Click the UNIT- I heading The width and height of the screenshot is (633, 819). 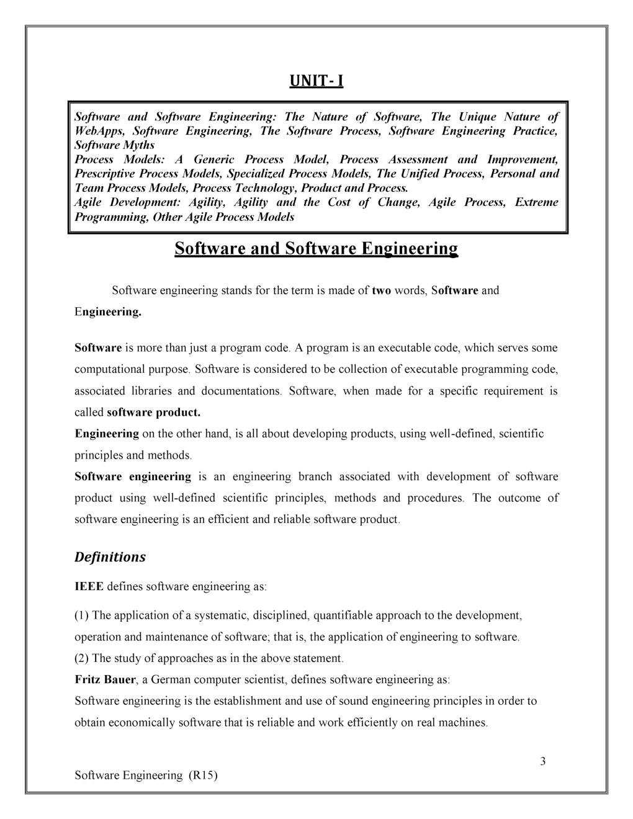tap(316, 81)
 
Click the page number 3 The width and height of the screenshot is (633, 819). tap(542, 762)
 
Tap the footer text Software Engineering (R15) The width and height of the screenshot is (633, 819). tap(146, 776)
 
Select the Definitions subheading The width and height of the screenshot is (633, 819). tap(110, 557)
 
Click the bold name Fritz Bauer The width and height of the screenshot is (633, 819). tap(105, 679)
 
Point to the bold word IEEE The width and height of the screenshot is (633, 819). tap(89, 586)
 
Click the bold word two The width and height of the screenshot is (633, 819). tap(380, 290)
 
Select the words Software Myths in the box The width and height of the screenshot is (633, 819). tap(114, 145)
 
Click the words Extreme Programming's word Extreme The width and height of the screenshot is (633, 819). tap(536, 202)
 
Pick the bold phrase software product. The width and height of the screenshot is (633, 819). tap(153, 413)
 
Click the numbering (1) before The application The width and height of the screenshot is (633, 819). tap(82, 615)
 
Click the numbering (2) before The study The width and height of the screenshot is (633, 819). tap(82, 658)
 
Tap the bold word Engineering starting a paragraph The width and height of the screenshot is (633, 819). tap(107, 434)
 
